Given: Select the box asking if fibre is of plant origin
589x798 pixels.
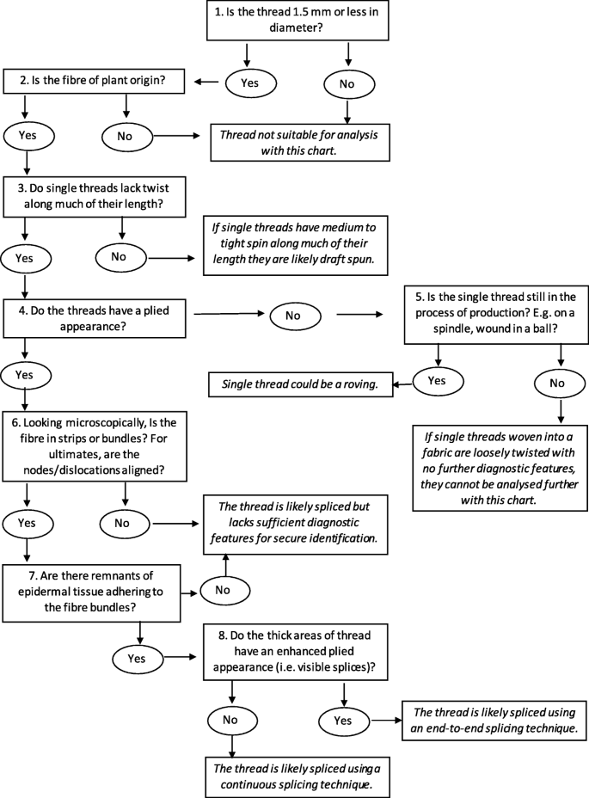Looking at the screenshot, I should click(95, 82).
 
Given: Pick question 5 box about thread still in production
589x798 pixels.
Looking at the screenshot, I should click(498, 315).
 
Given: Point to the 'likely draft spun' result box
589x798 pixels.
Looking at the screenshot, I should click(297, 245).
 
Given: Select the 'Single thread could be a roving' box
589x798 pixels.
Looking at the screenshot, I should click(301, 384).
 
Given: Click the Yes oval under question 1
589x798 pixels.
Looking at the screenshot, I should click(251, 83).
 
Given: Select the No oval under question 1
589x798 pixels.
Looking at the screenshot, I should click(347, 83).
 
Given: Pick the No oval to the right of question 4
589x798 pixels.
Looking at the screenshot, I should click(294, 316).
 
